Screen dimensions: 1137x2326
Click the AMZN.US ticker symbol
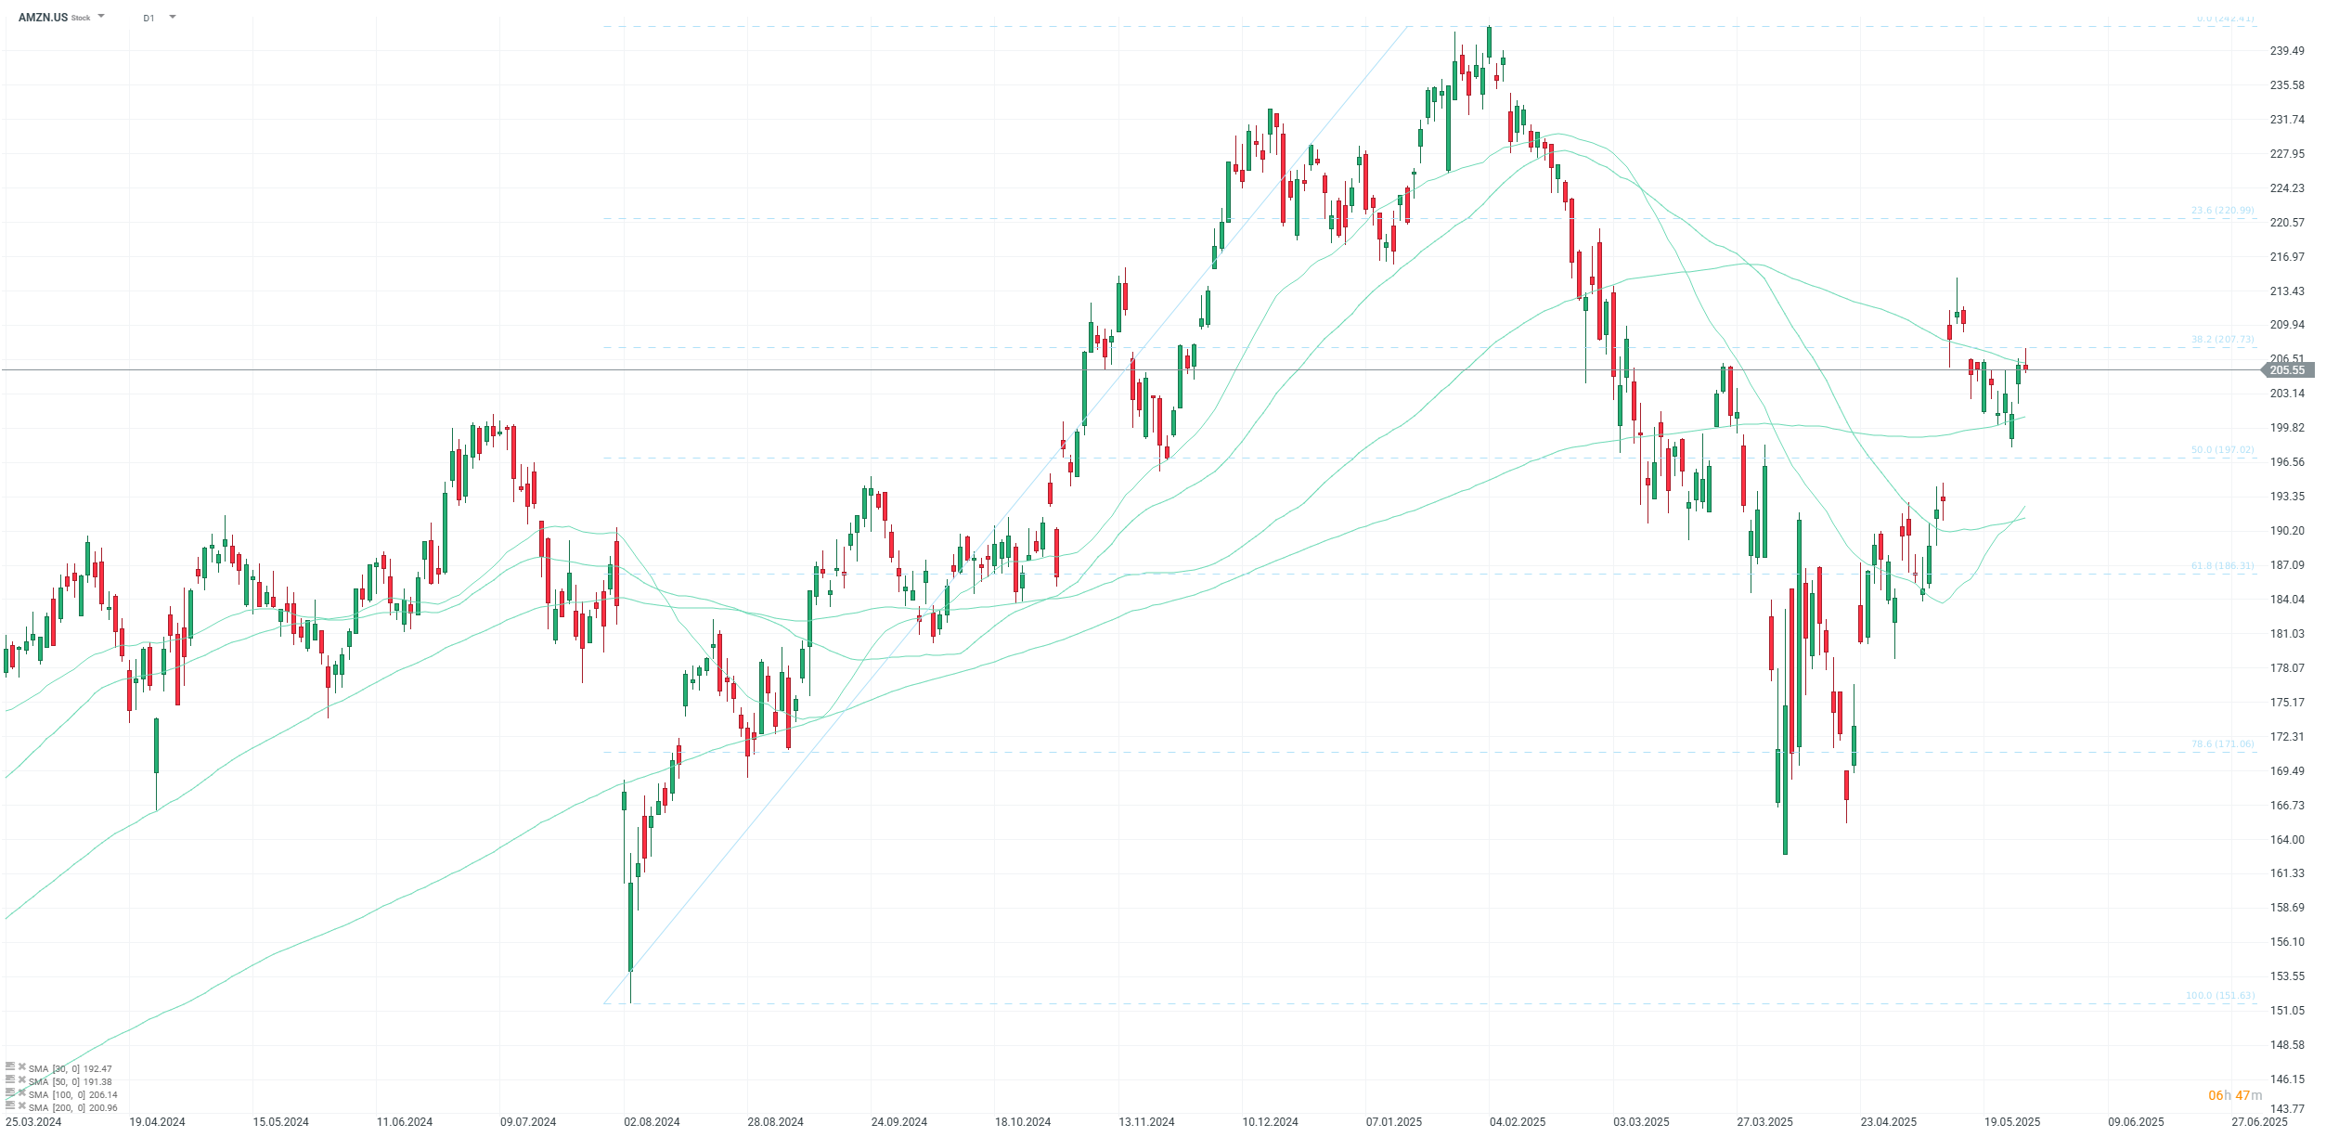click(x=43, y=18)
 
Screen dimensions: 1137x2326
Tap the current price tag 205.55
click(x=2286, y=370)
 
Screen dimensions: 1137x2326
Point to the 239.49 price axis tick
click(x=2286, y=51)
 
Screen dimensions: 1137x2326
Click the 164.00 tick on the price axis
click(x=2286, y=840)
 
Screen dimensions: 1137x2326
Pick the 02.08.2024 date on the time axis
click(x=652, y=1122)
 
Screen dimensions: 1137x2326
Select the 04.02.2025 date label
click(x=1518, y=1122)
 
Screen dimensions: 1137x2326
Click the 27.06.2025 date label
click(x=2259, y=1122)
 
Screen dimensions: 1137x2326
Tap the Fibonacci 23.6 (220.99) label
click(x=2222, y=211)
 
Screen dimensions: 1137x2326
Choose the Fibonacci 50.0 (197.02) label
click(x=2222, y=450)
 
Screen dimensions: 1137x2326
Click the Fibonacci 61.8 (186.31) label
click(x=2222, y=566)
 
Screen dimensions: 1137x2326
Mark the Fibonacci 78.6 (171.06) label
click(x=2222, y=744)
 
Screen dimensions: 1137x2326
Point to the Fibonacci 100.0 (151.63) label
click(x=2219, y=996)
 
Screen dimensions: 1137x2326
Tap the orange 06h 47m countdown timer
click(x=2234, y=1096)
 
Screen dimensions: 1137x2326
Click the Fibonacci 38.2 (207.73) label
click(x=2222, y=340)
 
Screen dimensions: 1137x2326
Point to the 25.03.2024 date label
click(x=33, y=1122)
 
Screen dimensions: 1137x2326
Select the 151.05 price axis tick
click(x=2286, y=1011)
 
